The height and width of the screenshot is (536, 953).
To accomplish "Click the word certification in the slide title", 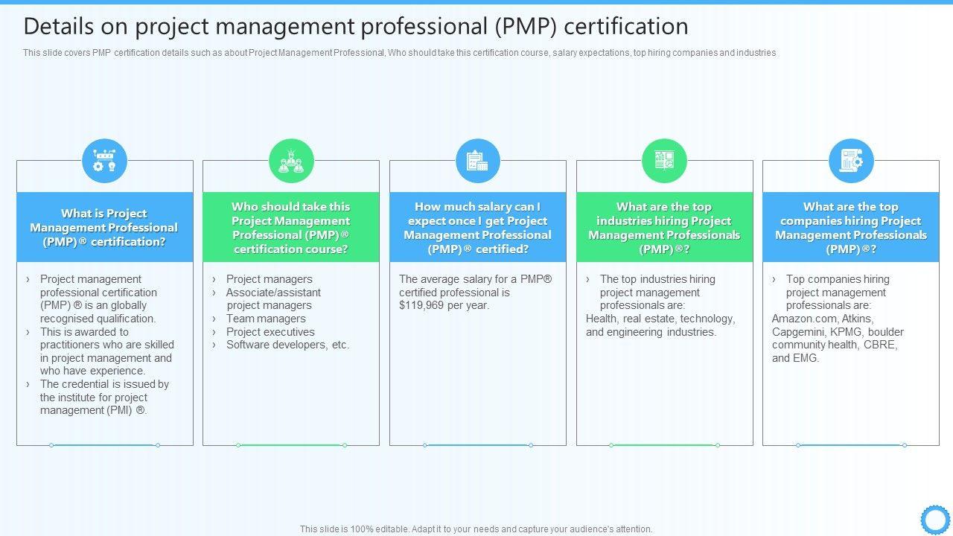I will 626,27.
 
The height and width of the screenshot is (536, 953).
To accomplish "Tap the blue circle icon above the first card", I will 104,161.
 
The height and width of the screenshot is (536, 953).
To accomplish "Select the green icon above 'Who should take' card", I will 291,161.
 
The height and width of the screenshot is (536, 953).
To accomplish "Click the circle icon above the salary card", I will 477,161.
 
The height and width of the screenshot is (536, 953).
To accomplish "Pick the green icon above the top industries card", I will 664,161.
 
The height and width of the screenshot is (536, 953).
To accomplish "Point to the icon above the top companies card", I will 851,161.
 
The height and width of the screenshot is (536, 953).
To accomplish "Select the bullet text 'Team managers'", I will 266,319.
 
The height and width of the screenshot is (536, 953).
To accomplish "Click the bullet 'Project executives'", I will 270,332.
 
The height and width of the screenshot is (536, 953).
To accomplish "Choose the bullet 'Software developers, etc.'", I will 287,345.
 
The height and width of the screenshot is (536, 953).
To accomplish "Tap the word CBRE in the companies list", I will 881,345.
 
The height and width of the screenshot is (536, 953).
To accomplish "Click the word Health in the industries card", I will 602,319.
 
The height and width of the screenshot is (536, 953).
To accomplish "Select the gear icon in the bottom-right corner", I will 934,519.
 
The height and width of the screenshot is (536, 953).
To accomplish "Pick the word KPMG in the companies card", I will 847,332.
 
